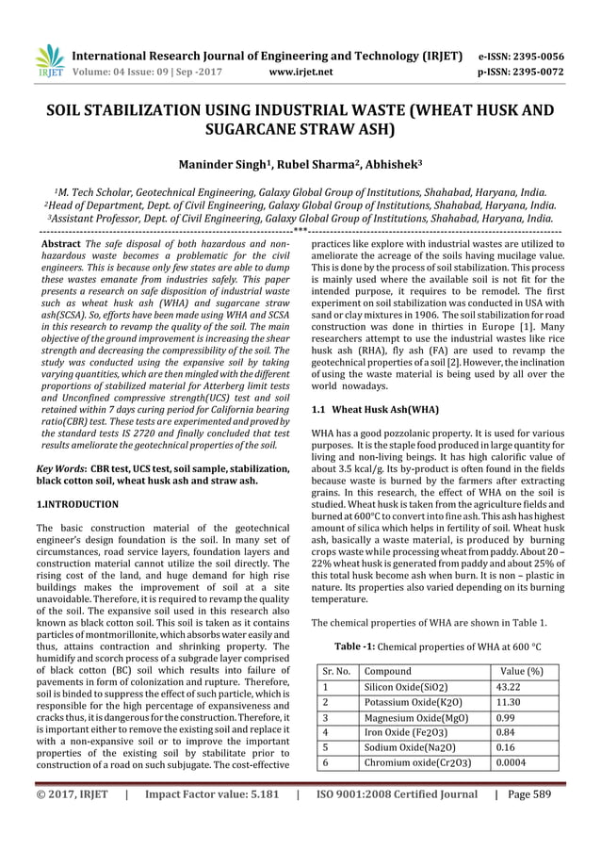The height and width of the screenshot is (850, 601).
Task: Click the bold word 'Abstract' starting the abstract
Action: point(60,244)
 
